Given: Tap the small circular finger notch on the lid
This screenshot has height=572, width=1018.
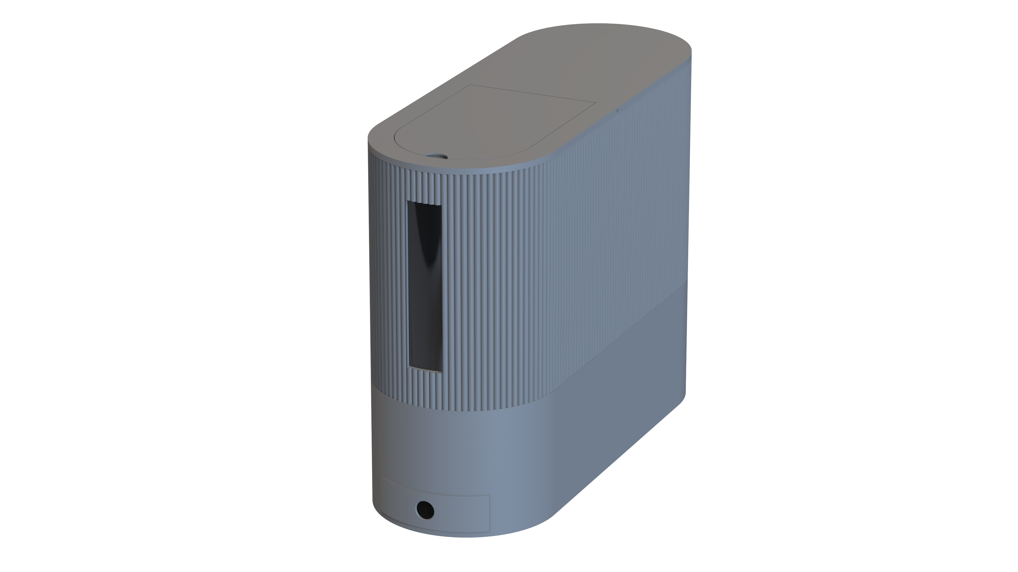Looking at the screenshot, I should [x=437, y=156].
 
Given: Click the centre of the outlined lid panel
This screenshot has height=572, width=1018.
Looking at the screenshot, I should [x=494, y=122].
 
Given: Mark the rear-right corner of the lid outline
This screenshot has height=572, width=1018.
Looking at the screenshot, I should [x=595, y=102].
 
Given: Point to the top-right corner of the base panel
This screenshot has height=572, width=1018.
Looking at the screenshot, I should [x=489, y=496].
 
